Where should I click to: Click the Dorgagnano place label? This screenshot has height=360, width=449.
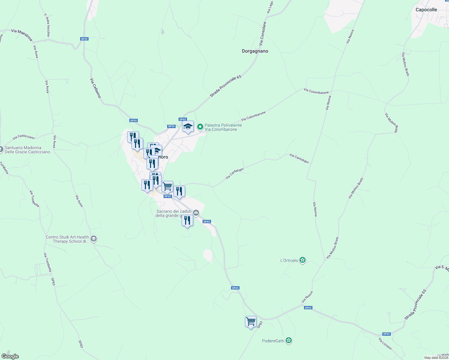tap(255, 51)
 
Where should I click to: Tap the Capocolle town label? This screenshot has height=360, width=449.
tap(426, 10)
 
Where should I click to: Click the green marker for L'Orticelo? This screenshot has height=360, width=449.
tap(303, 260)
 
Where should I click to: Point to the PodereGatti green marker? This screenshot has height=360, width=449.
tap(289, 340)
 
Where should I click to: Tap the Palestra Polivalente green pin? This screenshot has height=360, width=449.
tap(200, 127)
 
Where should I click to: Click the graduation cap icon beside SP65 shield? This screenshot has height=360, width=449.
tap(188, 126)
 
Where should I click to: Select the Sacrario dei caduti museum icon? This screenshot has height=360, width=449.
tap(196, 213)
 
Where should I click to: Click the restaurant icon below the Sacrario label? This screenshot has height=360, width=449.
tap(187, 220)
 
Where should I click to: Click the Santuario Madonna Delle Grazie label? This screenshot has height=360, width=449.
tap(27, 150)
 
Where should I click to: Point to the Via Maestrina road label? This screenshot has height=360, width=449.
tap(22, 34)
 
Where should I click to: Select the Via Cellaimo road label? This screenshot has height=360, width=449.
tap(95, 88)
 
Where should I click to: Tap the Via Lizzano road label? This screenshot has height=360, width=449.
tap(385, 343)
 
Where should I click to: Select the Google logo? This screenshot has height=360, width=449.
tap(10, 356)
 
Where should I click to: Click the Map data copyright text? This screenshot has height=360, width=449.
tap(436, 358)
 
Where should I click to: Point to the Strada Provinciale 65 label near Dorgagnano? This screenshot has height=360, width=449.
tap(225, 86)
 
